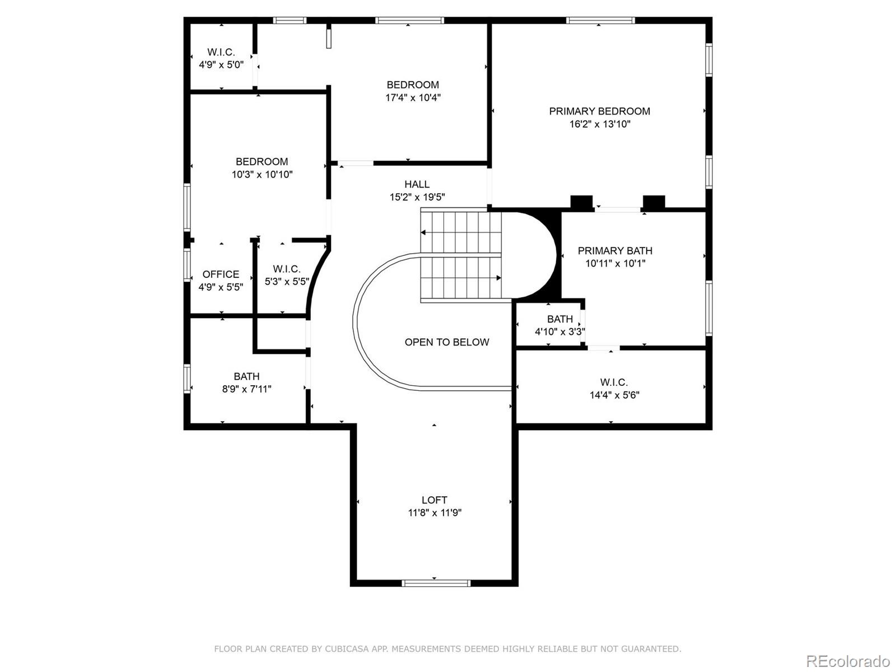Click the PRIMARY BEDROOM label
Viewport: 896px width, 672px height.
coord(599,111)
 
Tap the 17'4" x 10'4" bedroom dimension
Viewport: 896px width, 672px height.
coord(413,97)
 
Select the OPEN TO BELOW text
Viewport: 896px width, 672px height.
coord(447,342)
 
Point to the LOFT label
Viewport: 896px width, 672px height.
coord(435,500)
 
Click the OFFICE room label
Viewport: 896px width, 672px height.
coord(221,274)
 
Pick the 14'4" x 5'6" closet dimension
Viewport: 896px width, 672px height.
coord(614,395)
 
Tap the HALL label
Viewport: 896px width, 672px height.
coord(417,184)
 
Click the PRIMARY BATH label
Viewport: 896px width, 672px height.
coord(615,250)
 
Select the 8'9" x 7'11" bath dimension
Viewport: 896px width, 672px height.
coord(246,389)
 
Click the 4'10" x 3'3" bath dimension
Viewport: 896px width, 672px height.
coord(559,332)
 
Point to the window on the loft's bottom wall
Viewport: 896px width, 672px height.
coord(436,583)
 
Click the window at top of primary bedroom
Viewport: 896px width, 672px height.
coord(600,21)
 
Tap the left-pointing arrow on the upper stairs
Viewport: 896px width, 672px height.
coord(424,232)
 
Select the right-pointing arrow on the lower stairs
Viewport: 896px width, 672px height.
coord(498,278)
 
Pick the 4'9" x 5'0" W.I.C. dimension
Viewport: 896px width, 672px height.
coord(221,64)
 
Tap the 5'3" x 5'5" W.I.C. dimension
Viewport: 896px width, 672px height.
coord(287,281)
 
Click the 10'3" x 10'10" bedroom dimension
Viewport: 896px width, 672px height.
coord(262,174)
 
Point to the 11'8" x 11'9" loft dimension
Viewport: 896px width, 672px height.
coord(435,512)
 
